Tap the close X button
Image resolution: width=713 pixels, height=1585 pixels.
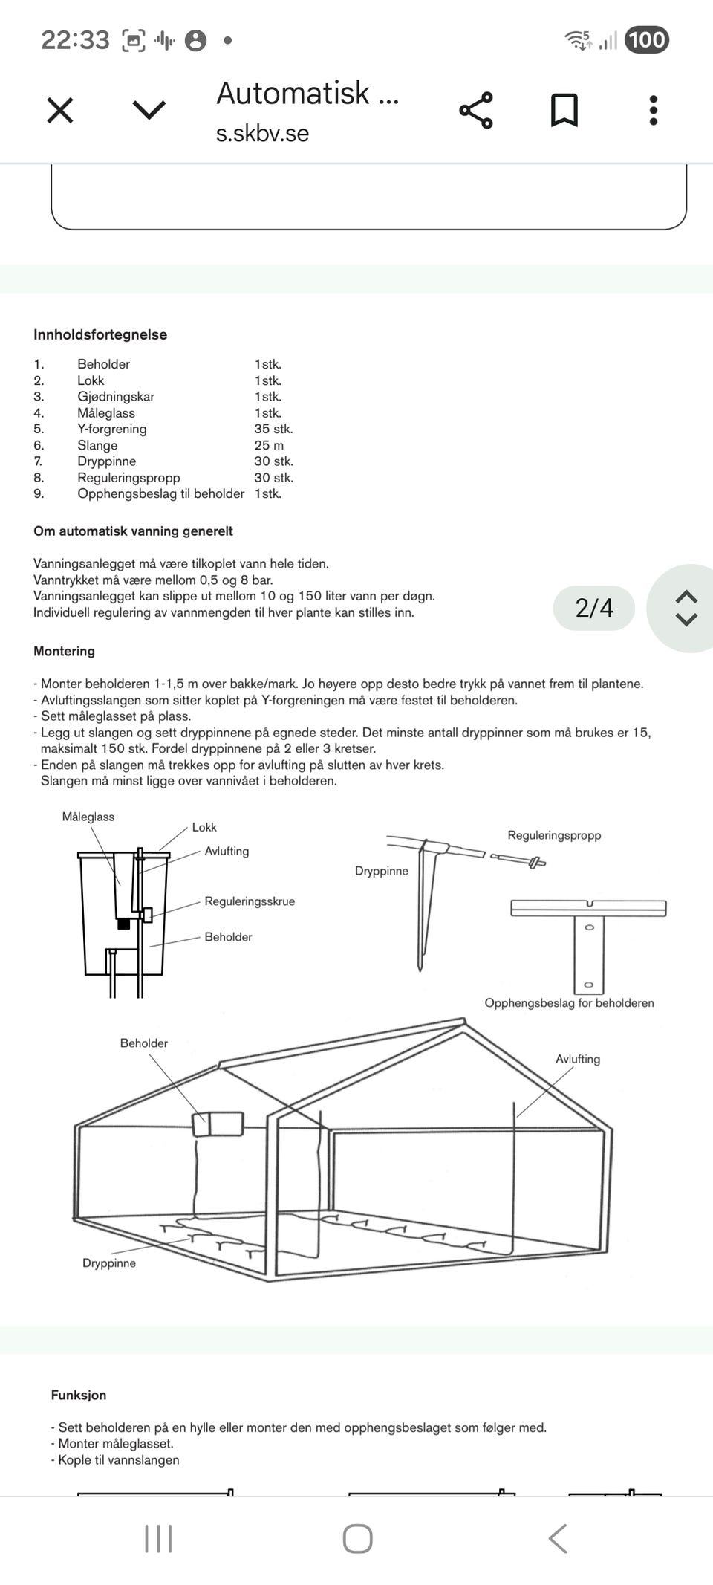coord(59,111)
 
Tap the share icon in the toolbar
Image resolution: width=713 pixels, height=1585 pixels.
coord(475,111)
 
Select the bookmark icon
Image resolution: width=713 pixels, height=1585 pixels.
coord(564,111)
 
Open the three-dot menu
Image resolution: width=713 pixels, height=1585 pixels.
coord(653,111)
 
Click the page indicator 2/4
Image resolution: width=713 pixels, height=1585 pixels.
coord(594,608)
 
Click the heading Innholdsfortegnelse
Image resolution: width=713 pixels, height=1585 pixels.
coord(100,334)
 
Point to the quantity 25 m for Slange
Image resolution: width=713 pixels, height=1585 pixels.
coord(269,445)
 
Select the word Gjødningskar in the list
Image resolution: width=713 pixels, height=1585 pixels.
coord(116,397)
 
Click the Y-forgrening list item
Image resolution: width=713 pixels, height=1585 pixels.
coord(112,429)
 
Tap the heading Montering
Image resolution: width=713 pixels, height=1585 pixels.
coord(64,651)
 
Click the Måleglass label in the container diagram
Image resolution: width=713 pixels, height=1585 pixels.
coord(88,817)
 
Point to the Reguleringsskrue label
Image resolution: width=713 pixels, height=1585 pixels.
coord(250,901)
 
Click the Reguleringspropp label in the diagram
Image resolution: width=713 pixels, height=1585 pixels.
coord(554,835)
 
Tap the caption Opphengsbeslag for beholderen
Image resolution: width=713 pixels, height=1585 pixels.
coord(569,1003)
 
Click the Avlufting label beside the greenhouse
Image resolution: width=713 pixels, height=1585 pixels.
coord(578,1059)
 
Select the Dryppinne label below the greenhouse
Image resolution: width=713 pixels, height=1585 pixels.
coord(109,1263)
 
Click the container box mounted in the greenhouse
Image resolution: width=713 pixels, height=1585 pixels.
coord(218,1124)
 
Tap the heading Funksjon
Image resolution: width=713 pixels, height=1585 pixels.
coord(79,1395)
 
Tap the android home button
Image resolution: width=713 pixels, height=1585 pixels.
coord(357,1539)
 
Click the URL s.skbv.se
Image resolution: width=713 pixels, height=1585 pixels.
coord(262,133)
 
